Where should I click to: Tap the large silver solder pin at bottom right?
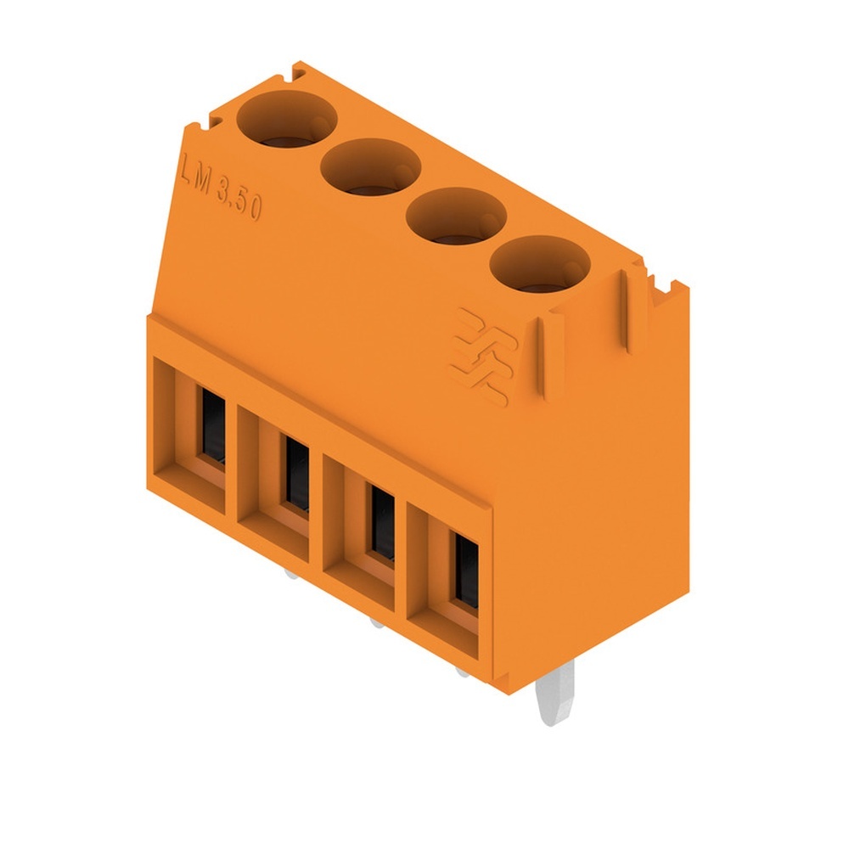[x=556, y=692]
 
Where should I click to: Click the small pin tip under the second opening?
[x=292, y=575]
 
